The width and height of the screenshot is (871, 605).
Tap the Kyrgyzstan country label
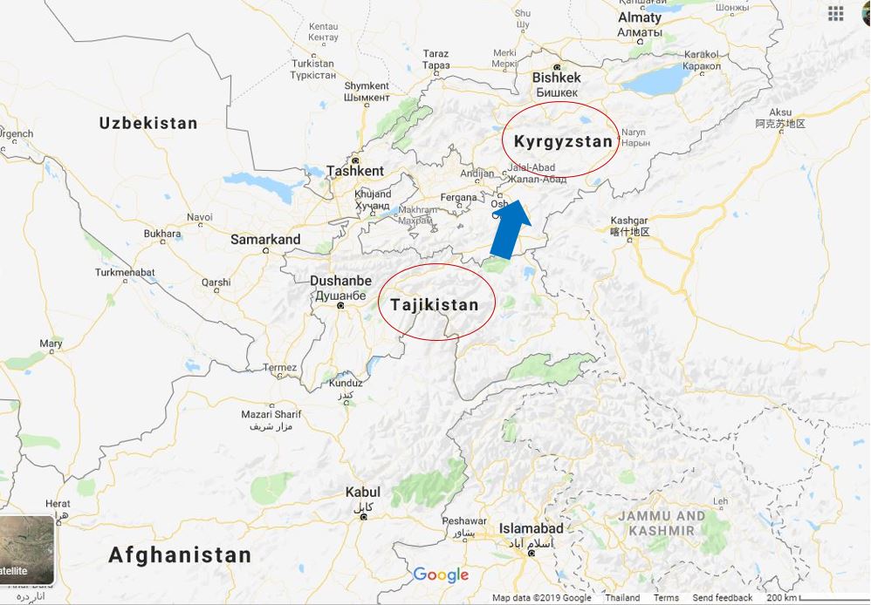(563, 141)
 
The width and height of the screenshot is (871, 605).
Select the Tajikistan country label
(435, 305)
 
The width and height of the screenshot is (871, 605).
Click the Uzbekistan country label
(148, 123)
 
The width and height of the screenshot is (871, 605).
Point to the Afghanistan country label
(180, 554)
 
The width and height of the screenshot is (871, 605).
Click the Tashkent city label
(354, 171)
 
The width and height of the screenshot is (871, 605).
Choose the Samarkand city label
(265, 239)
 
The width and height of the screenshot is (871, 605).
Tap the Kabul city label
(362, 493)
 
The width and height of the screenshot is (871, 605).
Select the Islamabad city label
(531, 528)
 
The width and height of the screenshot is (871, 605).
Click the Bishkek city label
(556, 78)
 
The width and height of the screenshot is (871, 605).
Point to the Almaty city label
(640, 17)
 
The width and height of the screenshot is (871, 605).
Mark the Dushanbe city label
(340, 282)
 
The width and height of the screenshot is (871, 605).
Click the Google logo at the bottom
(441, 574)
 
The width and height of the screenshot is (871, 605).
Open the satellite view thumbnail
(26, 549)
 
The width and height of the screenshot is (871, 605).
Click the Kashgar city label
(629, 221)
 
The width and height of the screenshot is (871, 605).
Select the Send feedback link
(722, 598)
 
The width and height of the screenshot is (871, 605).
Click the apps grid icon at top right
(835, 13)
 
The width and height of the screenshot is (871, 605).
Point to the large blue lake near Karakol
(656, 81)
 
